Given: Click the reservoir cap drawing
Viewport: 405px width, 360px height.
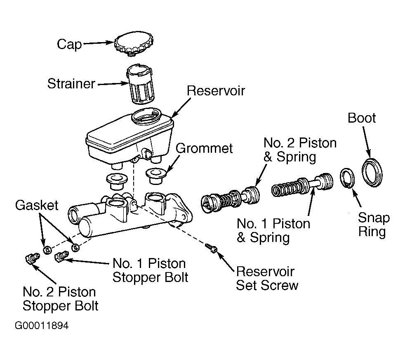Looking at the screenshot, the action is point(134,43).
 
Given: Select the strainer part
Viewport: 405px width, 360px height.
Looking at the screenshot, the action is point(141,84).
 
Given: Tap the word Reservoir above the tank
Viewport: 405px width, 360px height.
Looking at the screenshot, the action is point(216,91).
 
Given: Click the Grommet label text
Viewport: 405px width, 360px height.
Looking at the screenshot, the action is point(204,149).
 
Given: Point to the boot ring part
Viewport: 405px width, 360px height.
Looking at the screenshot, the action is point(372,173).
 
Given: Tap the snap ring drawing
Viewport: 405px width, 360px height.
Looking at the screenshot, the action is point(347,178).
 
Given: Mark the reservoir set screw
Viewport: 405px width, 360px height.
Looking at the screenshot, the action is point(212,248).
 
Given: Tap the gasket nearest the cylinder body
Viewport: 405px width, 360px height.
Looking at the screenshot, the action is point(75,247).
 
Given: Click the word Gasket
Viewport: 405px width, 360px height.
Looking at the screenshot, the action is point(37,206).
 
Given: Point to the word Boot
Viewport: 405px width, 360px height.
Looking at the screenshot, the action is point(362,118).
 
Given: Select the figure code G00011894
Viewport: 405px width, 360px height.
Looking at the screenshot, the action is point(42,326).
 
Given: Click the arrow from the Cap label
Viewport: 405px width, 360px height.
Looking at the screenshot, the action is point(99,43).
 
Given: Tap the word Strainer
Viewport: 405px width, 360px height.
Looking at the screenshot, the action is point(71,83).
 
